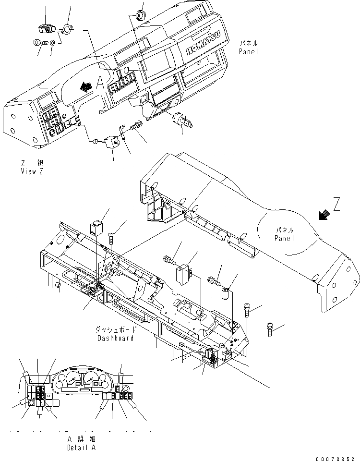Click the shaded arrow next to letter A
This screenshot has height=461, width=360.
[x=86, y=86]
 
